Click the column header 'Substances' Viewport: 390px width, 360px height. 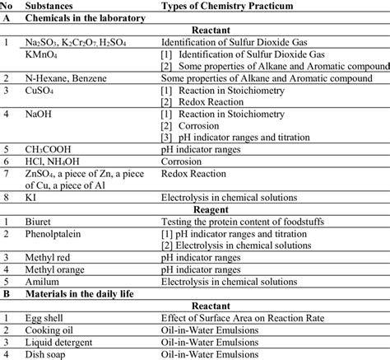click(53, 6)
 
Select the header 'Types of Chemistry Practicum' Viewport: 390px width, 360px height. click(227, 6)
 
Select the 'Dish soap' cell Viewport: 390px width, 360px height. click(49, 354)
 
